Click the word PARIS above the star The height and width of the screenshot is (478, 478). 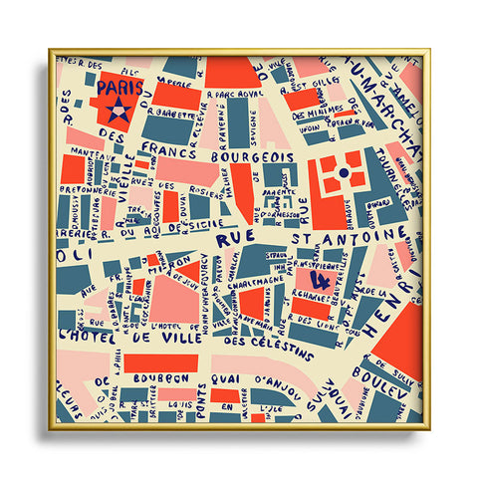pos(119,87)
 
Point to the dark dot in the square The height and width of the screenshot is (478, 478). pos(344,173)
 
